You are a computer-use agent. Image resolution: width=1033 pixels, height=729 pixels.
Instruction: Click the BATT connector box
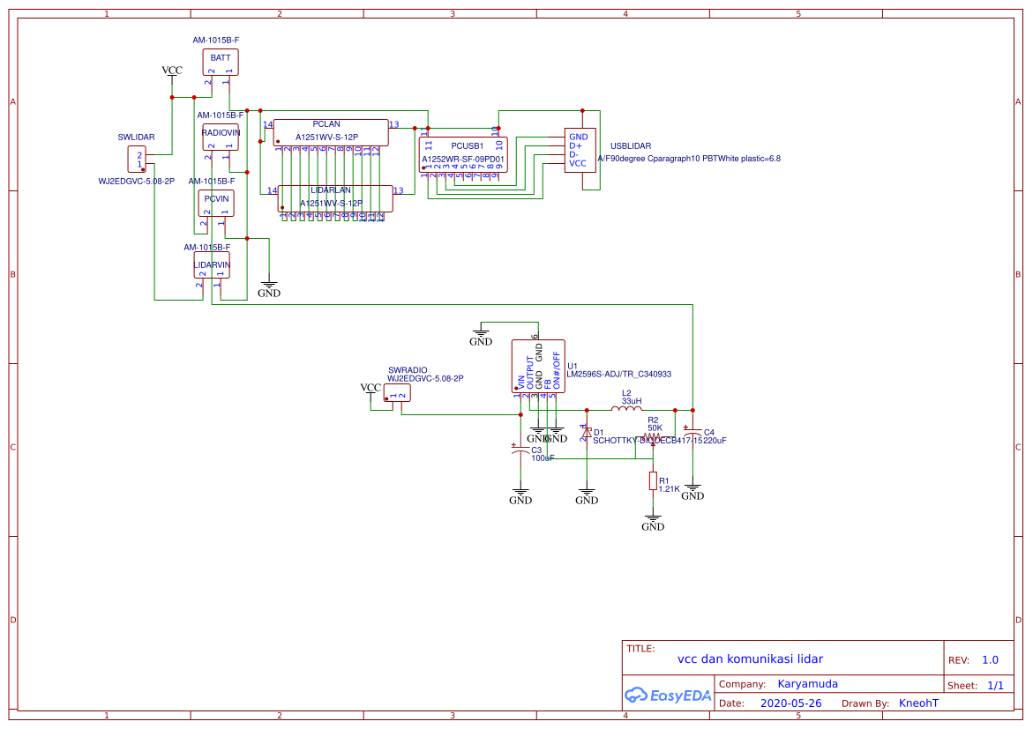(x=221, y=62)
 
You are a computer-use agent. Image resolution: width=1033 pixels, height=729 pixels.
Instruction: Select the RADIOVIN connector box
(x=221, y=137)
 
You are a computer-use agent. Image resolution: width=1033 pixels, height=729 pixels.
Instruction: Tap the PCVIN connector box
(x=216, y=204)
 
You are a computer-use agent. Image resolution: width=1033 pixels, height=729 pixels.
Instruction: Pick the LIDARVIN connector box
(x=213, y=265)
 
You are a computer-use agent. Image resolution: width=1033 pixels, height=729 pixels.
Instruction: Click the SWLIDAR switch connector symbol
(x=137, y=160)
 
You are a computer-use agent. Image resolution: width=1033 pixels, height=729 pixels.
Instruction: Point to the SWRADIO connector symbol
(x=397, y=395)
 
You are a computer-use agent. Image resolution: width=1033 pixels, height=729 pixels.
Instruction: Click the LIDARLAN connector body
(x=335, y=198)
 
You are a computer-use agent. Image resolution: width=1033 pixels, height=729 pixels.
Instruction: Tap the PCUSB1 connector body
(x=462, y=154)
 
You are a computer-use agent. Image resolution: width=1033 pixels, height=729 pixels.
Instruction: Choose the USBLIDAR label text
(x=631, y=145)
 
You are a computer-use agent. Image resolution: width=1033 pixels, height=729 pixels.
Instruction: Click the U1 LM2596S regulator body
(x=538, y=366)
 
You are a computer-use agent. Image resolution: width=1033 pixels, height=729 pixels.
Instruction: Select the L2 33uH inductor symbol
(x=626, y=409)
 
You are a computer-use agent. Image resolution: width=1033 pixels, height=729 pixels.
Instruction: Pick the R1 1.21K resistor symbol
(x=653, y=480)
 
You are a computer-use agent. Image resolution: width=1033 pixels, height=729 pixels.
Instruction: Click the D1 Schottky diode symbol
(x=586, y=433)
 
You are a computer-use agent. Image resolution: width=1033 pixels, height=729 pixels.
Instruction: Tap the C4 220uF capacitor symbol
(x=692, y=431)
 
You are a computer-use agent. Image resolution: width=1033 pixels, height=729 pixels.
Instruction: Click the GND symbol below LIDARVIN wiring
(x=269, y=289)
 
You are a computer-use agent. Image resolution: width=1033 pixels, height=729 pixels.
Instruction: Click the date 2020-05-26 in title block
(x=790, y=703)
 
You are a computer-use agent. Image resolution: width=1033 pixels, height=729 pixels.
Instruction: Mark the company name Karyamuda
(x=807, y=683)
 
